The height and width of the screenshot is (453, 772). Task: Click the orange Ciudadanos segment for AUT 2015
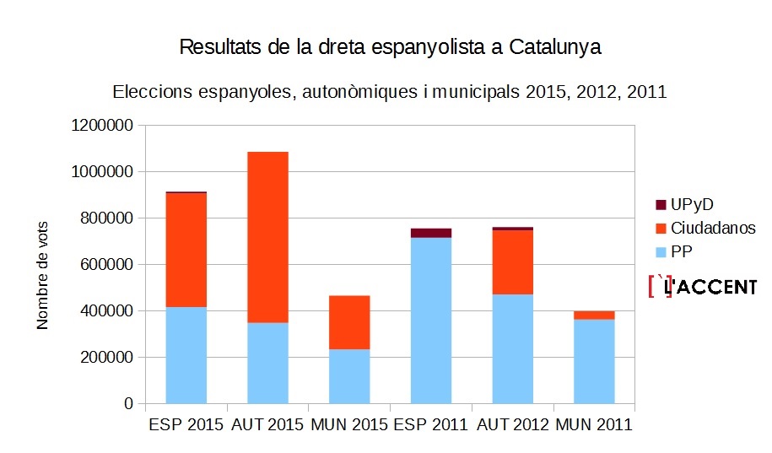(x=267, y=237)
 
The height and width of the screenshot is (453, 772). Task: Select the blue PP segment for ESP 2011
(x=431, y=321)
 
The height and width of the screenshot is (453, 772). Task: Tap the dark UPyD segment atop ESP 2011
(x=431, y=233)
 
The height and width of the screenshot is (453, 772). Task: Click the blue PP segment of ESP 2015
(x=186, y=355)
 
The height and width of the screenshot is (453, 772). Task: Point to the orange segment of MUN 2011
(x=594, y=315)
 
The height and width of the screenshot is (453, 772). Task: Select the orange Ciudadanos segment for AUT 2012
(x=513, y=262)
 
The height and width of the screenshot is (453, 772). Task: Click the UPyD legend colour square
(x=661, y=205)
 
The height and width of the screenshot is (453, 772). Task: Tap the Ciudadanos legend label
(x=713, y=228)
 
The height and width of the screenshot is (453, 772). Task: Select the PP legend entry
(x=681, y=251)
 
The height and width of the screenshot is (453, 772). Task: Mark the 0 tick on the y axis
(x=129, y=404)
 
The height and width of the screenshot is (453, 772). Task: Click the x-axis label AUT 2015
(x=267, y=424)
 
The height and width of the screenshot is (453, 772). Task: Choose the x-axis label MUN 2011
(x=594, y=424)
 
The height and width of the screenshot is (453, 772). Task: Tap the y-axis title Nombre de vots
(x=43, y=274)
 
